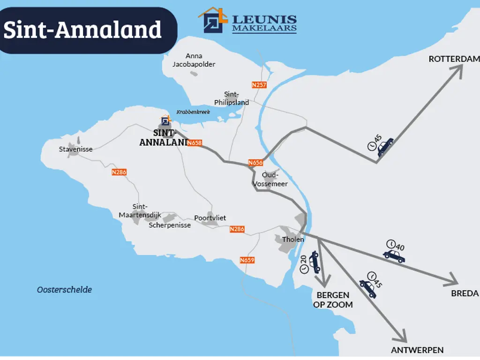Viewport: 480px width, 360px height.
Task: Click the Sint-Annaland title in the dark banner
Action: click(82, 30)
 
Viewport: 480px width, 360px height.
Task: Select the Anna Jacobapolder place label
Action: click(194, 60)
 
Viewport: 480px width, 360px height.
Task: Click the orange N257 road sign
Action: click(259, 85)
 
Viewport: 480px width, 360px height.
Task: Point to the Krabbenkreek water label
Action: click(193, 112)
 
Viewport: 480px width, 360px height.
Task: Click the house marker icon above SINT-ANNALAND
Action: click(165, 121)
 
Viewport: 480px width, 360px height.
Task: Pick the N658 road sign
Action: click(195, 143)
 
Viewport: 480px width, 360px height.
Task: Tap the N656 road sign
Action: click(255, 163)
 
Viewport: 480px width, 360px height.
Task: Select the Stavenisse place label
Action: click(75, 150)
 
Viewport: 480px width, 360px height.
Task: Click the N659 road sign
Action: click(247, 260)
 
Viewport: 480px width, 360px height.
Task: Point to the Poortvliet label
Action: click(210, 218)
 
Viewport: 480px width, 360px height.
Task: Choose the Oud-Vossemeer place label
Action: click(270, 179)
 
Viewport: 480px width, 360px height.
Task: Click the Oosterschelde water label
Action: click(64, 290)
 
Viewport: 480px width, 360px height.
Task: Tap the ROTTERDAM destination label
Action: click(454, 59)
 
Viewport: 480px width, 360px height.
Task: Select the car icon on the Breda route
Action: click(394, 256)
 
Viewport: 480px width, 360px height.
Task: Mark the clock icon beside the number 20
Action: click(304, 269)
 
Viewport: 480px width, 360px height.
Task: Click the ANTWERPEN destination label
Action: click(417, 350)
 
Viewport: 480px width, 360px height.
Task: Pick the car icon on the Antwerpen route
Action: click(368, 289)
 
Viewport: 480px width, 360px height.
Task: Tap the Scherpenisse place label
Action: click(170, 225)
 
